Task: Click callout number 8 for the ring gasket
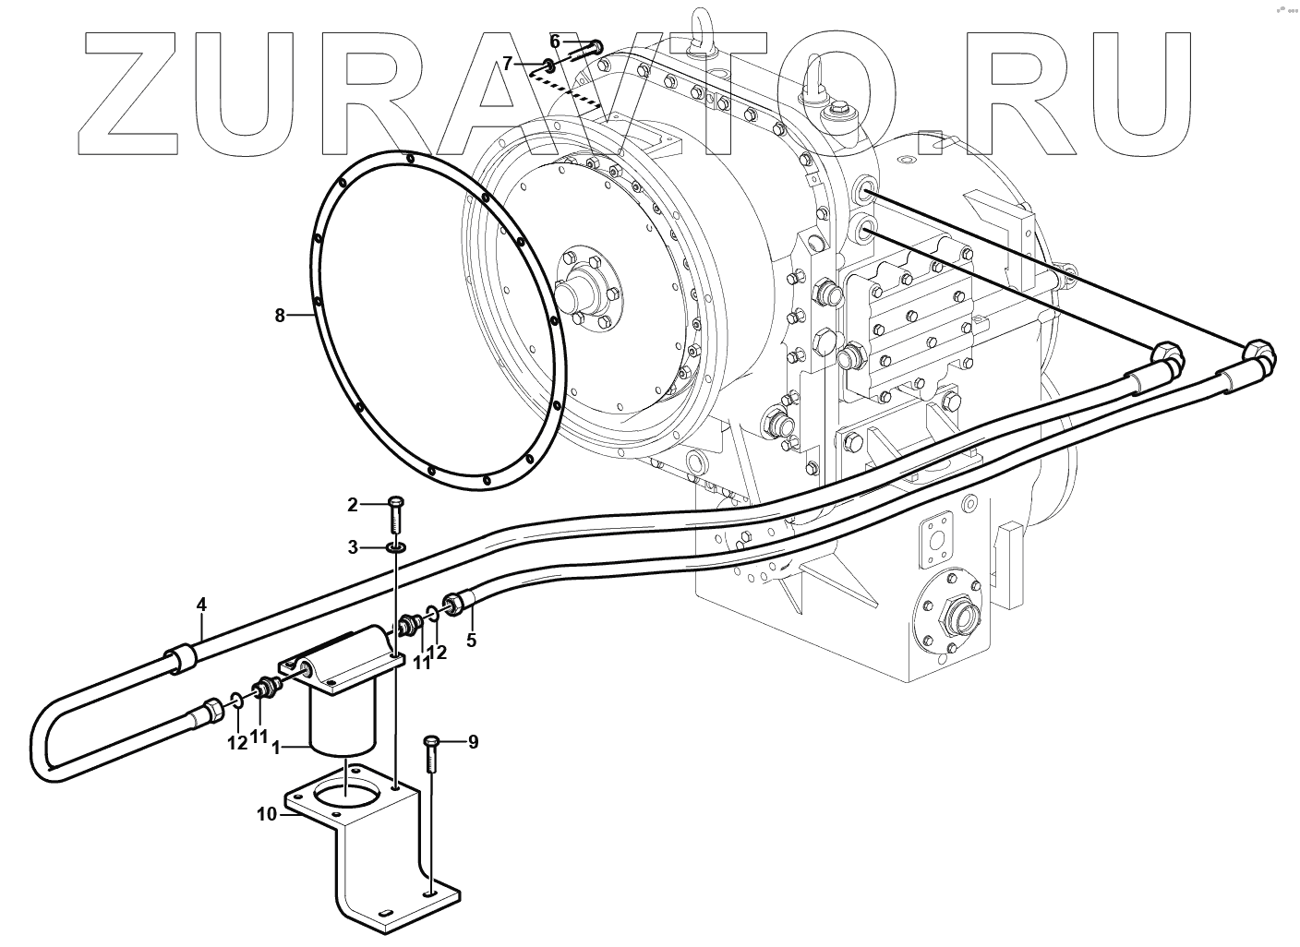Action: tap(280, 316)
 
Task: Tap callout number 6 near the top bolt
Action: tap(555, 41)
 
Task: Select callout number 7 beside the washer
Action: tap(507, 63)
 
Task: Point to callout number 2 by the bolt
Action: tap(352, 504)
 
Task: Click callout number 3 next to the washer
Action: tap(353, 547)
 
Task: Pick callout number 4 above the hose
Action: tap(201, 605)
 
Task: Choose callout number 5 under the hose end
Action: tap(471, 639)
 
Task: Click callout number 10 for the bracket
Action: tap(267, 814)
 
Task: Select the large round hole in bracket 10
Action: tap(343, 791)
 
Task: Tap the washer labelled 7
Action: tap(548, 66)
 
